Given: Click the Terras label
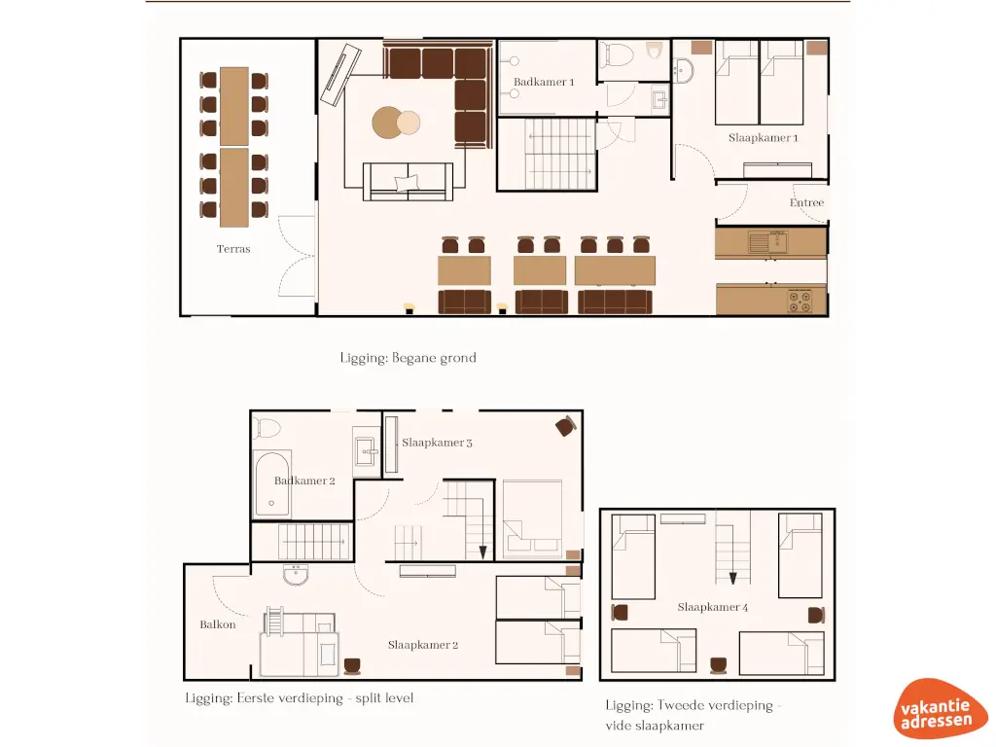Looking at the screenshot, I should tap(233, 249).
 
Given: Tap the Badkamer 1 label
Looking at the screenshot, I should tap(544, 83).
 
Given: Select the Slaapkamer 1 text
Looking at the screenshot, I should tap(764, 138).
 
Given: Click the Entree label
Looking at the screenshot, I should tap(806, 203).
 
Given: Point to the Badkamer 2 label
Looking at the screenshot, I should tap(304, 480).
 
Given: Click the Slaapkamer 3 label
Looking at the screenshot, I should tap(437, 443).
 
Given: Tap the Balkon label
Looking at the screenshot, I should tap(218, 624).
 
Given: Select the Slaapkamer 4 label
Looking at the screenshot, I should tap(713, 607).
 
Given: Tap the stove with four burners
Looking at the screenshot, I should tap(799, 302).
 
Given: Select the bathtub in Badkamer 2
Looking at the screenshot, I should tap(271, 483).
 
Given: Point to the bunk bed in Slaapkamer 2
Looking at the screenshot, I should tap(299, 642).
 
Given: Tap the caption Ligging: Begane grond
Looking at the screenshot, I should tap(408, 358).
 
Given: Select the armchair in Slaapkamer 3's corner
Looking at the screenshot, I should tap(565, 425).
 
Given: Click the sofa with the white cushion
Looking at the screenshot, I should tap(408, 182).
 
